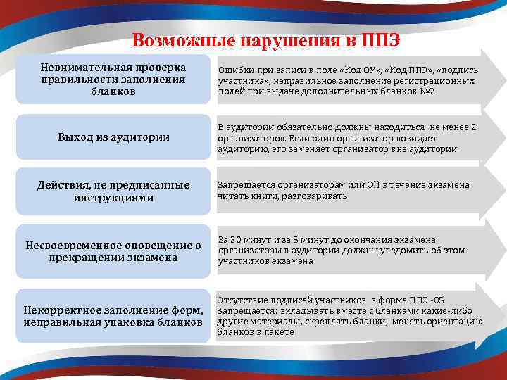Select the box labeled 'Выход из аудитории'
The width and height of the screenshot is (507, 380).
tap(113, 137)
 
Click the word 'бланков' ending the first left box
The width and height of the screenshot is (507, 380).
tap(113, 91)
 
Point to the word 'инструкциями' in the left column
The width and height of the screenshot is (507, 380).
tap(113, 198)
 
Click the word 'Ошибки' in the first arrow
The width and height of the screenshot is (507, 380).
tap(234, 70)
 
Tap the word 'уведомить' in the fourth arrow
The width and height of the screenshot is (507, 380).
tap(402, 250)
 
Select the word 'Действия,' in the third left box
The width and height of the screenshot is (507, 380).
tap(63, 185)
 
